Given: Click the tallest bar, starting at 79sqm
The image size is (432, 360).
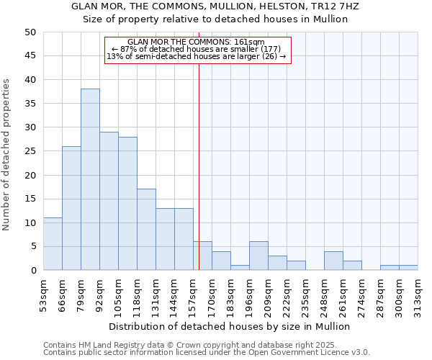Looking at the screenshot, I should (90, 180).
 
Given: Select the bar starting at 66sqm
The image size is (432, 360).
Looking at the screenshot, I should (71, 209).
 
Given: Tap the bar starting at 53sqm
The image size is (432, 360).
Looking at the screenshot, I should (53, 244).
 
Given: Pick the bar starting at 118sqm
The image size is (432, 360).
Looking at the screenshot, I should (146, 230).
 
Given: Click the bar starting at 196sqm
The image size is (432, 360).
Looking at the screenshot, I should (258, 256).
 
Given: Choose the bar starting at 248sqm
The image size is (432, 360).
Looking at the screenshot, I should (333, 261).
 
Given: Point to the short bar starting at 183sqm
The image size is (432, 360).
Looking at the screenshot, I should (240, 268).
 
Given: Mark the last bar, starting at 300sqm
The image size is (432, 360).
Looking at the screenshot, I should (408, 268).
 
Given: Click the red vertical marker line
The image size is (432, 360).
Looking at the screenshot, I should (199, 180).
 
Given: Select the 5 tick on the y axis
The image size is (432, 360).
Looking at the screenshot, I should (33, 247).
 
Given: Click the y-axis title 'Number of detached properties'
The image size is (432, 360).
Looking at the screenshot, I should (7, 155).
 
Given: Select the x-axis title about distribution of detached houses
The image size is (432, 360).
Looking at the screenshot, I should (234, 326).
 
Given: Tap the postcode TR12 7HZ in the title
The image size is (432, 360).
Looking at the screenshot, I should (338, 6).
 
